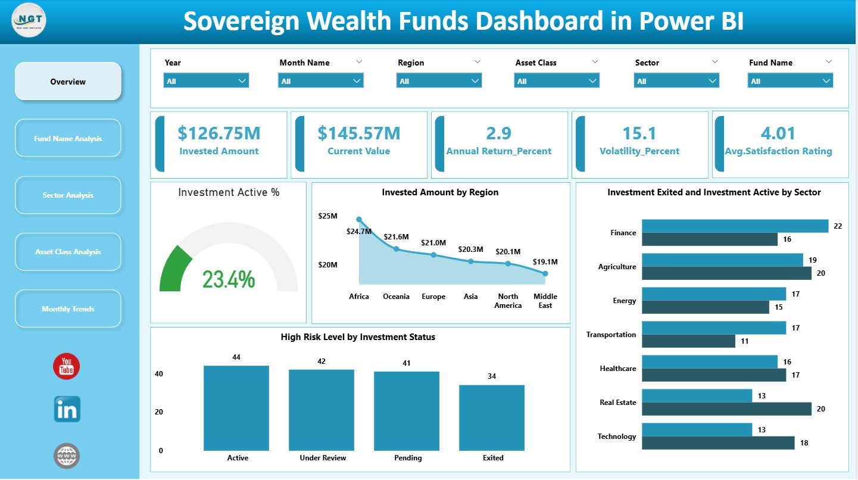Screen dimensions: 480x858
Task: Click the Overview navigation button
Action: (68, 82)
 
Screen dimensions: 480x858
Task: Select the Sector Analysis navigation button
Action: (68, 195)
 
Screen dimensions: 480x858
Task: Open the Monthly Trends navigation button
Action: (68, 309)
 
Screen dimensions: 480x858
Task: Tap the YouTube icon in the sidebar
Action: (66, 366)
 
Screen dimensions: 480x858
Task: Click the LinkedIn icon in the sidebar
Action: (67, 410)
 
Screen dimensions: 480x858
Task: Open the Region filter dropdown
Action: (439, 81)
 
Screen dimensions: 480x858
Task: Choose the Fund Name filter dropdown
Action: (790, 81)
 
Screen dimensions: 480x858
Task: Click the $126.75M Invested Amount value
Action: (219, 133)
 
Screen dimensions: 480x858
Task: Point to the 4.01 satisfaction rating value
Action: (778, 133)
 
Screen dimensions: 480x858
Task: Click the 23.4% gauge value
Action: (229, 279)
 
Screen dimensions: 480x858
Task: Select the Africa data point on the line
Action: (359, 220)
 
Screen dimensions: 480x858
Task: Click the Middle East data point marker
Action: (545, 273)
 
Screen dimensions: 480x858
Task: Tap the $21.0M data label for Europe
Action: (433, 243)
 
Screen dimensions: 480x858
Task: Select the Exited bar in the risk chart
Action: (492, 417)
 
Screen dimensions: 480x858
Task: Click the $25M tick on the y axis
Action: (327, 216)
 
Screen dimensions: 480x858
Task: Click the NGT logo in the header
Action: (29, 21)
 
